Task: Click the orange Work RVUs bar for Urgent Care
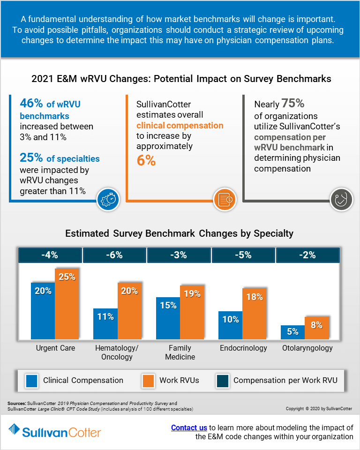click(67, 304)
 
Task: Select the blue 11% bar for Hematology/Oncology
click(105, 324)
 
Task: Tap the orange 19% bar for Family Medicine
click(192, 313)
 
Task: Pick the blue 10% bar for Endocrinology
click(230, 325)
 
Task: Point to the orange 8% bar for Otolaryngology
click(317, 328)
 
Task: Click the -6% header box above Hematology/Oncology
click(114, 255)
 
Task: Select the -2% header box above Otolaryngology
click(308, 255)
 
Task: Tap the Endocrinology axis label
click(243, 348)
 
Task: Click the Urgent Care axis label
click(55, 348)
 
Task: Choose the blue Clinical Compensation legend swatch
click(31, 381)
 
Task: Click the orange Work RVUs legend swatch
click(148, 381)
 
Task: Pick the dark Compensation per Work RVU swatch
click(223, 381)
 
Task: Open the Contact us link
click(189, 427)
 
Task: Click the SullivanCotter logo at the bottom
click(55, 431)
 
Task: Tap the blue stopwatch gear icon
click(108, 200)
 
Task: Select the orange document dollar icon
click(225, 200)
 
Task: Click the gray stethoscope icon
click(341, 200)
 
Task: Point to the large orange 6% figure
click(146, 160)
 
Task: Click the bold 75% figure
click(293, 103)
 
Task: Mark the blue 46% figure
click(31, 103)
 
